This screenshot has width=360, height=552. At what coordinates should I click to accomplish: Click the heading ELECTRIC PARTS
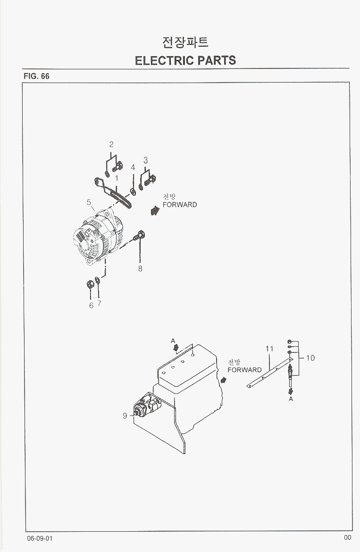[185, 60]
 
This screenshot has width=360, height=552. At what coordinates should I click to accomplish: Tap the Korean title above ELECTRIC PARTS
[185, 42]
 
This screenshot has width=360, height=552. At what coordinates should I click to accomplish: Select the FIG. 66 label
[36, 76]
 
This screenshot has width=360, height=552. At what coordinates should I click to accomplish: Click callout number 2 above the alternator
[111, 144]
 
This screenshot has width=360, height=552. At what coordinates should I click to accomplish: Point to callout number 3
[146, 160]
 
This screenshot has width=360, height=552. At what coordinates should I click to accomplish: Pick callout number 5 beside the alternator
[89, 202]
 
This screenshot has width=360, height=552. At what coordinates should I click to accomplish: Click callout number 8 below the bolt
[140, 268]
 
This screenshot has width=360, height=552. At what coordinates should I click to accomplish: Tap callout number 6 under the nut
[91, 305]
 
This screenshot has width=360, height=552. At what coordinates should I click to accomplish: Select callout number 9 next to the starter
[125, 416]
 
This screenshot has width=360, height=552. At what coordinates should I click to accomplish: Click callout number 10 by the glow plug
[310, 358]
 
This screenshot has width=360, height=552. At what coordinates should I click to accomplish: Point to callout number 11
[269, 349]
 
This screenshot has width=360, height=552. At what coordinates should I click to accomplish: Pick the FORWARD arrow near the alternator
[155, 211]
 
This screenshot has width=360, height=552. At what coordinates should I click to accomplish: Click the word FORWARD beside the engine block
[244, 370]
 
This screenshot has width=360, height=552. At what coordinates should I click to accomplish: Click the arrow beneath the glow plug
[291, 391]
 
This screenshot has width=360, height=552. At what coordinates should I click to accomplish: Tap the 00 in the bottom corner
[347, 537]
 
